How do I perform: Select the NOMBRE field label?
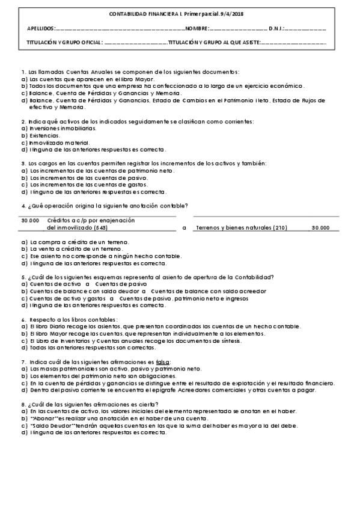[x=197, y=28]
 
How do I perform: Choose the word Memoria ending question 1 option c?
[x=169, y=93]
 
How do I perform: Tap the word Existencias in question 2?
[x=45, y=136]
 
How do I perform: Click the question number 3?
[x=22, y=164]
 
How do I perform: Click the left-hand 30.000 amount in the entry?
[x=30, y=221]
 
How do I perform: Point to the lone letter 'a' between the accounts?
[x=184, y=229]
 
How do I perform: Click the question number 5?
[x=22, y=277]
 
